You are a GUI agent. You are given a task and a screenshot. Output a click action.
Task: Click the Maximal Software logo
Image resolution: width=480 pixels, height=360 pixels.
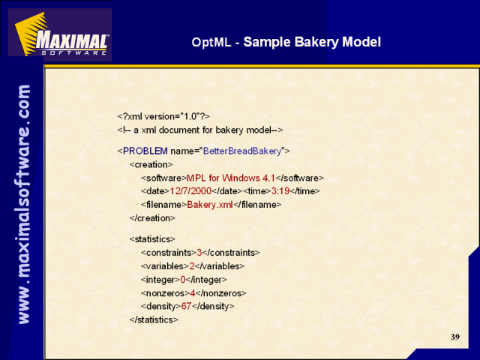(x=60, y=34)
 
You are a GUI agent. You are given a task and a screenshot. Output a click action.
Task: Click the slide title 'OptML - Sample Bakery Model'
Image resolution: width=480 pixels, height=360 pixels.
(x=286, y=42)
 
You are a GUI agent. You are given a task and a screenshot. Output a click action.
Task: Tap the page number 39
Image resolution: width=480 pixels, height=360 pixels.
(x=455, y=337)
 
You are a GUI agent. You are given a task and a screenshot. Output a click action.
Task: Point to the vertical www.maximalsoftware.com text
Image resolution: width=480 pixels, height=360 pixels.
(x=24, y=204)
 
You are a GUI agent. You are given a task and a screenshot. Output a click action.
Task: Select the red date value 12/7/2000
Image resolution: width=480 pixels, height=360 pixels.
(x=190, y=191)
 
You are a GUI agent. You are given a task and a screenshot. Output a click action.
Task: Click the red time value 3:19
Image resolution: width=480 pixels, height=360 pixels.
(x=280, y=191)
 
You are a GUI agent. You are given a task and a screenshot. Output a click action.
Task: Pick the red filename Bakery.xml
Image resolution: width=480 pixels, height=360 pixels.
(x=210, y=205)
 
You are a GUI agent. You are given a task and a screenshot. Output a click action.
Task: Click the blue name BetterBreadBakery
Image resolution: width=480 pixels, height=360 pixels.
(x=242, y=151)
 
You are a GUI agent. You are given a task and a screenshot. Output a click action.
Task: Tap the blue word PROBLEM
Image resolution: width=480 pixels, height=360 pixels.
(x=145, y=151)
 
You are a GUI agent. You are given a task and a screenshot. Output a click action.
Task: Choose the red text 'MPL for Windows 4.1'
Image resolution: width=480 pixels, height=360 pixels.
(x=231, y=178)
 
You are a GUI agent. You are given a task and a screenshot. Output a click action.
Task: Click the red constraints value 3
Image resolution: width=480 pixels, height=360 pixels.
(x=199, y=253)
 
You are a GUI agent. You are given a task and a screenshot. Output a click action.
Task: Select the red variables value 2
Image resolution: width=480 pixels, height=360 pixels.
(x=192, y=266)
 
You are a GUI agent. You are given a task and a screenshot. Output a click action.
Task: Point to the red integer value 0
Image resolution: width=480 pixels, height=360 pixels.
(x=183, y=280)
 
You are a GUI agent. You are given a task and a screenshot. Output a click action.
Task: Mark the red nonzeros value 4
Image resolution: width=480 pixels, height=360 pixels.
(x=193, y=293)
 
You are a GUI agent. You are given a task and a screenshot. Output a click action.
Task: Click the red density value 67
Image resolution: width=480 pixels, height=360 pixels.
(x=186, y=306)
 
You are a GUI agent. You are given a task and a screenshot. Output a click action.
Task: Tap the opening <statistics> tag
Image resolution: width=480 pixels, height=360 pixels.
(x=152, y=239)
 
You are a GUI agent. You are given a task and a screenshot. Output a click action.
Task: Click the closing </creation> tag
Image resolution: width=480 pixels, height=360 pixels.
(x=152, y=218)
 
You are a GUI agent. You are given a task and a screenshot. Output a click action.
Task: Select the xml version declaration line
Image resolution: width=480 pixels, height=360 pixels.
(x=163, y=116)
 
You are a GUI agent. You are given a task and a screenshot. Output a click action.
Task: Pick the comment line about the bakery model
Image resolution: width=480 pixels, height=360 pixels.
(x=200, y=130)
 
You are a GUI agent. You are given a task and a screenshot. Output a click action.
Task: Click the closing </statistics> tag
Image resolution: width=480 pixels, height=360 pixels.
(x=154, y=319)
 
